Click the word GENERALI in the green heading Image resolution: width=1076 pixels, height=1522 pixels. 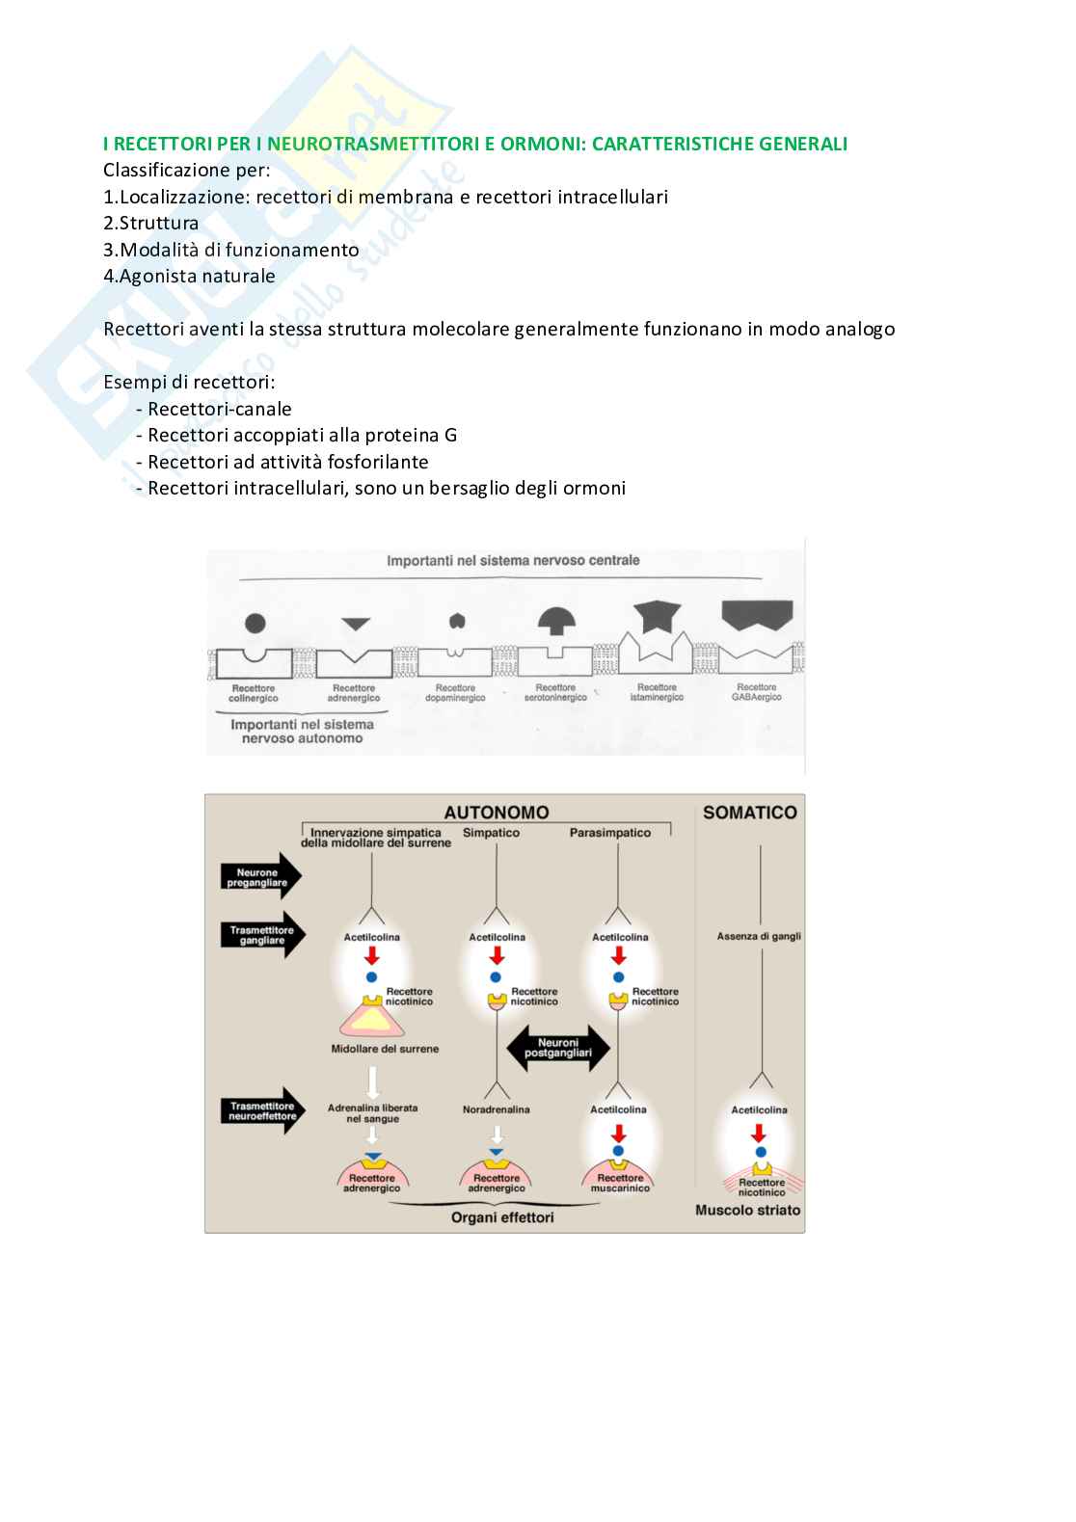coord(803,144)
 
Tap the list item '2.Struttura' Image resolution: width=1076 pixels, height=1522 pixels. coord(151,223)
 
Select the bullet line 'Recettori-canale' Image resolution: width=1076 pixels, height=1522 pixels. coord(219,409)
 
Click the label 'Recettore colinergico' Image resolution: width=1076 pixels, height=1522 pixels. coord(254,693)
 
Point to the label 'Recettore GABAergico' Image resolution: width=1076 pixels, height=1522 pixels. coord(757,692)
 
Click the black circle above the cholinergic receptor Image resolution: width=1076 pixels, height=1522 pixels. coord(256,623)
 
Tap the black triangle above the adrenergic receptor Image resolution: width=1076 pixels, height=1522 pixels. coord(356,625)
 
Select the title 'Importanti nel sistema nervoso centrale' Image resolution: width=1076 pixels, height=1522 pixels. coord(513,560)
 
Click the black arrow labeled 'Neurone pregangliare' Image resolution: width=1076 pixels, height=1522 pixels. coord(260,877)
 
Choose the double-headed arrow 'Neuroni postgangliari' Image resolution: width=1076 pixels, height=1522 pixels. coord(558,1048)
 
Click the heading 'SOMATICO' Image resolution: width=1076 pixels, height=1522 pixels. coord(749,813)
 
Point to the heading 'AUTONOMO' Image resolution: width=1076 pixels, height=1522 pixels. coord(497,813)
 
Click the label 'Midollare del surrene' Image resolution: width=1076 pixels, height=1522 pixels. coord(385,1049)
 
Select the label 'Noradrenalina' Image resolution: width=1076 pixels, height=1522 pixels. coord(496,1109)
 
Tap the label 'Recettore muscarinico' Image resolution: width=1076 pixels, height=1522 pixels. coord(620,1183)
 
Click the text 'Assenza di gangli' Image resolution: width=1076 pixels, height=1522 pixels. coord(759,936)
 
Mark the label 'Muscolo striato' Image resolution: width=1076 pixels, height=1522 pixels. coord(748,1211)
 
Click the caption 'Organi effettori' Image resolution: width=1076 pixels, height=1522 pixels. coord(502,1217)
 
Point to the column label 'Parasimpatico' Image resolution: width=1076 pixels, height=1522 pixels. coord(609,833)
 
